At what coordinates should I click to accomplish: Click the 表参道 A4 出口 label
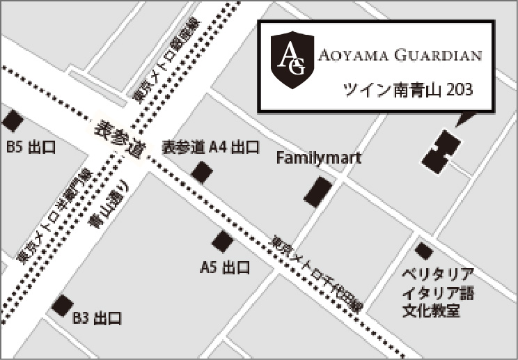(210, 148)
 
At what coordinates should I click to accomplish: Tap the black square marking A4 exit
(203, 172)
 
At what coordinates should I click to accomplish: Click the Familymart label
(319, 158)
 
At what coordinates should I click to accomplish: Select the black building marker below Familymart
(318, 190)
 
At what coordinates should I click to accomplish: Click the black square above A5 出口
(223, 242)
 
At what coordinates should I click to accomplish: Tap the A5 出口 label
(225, 267)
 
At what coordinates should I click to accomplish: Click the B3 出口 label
(97, 319)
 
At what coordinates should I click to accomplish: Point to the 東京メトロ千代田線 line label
(317, 271)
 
